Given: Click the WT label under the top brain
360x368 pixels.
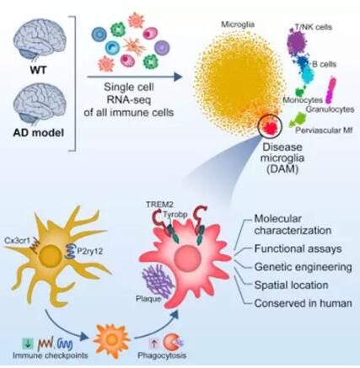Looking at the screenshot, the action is point(38,70).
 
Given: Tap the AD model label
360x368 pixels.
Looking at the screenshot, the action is point(39,132).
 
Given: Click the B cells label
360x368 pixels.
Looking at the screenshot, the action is point(325,64).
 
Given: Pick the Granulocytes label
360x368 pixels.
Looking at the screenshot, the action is point(330,109).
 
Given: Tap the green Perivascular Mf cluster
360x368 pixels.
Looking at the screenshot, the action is point(298,120).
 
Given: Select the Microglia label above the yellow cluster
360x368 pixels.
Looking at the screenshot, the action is point(238,24).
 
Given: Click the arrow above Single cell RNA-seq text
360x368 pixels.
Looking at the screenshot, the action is point(135,77).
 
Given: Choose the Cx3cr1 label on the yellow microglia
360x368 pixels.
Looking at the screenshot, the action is point(17,240).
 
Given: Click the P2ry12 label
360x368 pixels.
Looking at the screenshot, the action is point(90,251).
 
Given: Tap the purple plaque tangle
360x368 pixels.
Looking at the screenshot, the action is point(159,281).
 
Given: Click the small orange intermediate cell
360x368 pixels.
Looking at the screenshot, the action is point(112,338).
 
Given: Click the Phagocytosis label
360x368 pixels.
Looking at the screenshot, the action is point(162,355).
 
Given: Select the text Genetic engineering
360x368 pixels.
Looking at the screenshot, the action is point(303,267).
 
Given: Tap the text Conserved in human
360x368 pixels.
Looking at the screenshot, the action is point(303,303).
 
